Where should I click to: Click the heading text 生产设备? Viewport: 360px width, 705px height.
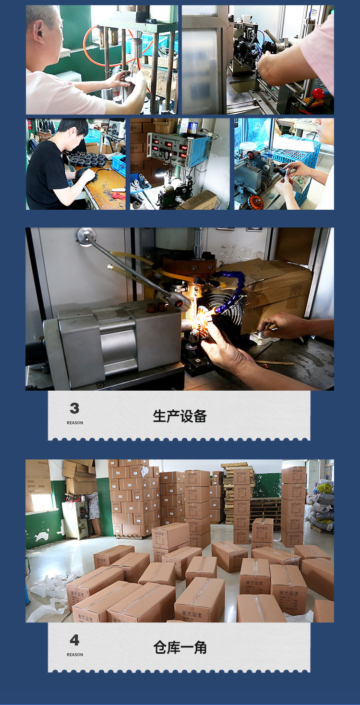(180, 416)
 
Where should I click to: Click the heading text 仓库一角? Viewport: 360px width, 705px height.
(180, 647)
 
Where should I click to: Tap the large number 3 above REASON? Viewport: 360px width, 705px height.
(74, 408)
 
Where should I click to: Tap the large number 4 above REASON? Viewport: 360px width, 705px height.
(74, 640)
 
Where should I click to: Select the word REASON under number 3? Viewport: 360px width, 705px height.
(75, 423)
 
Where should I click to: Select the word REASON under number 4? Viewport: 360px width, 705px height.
(75, 655)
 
